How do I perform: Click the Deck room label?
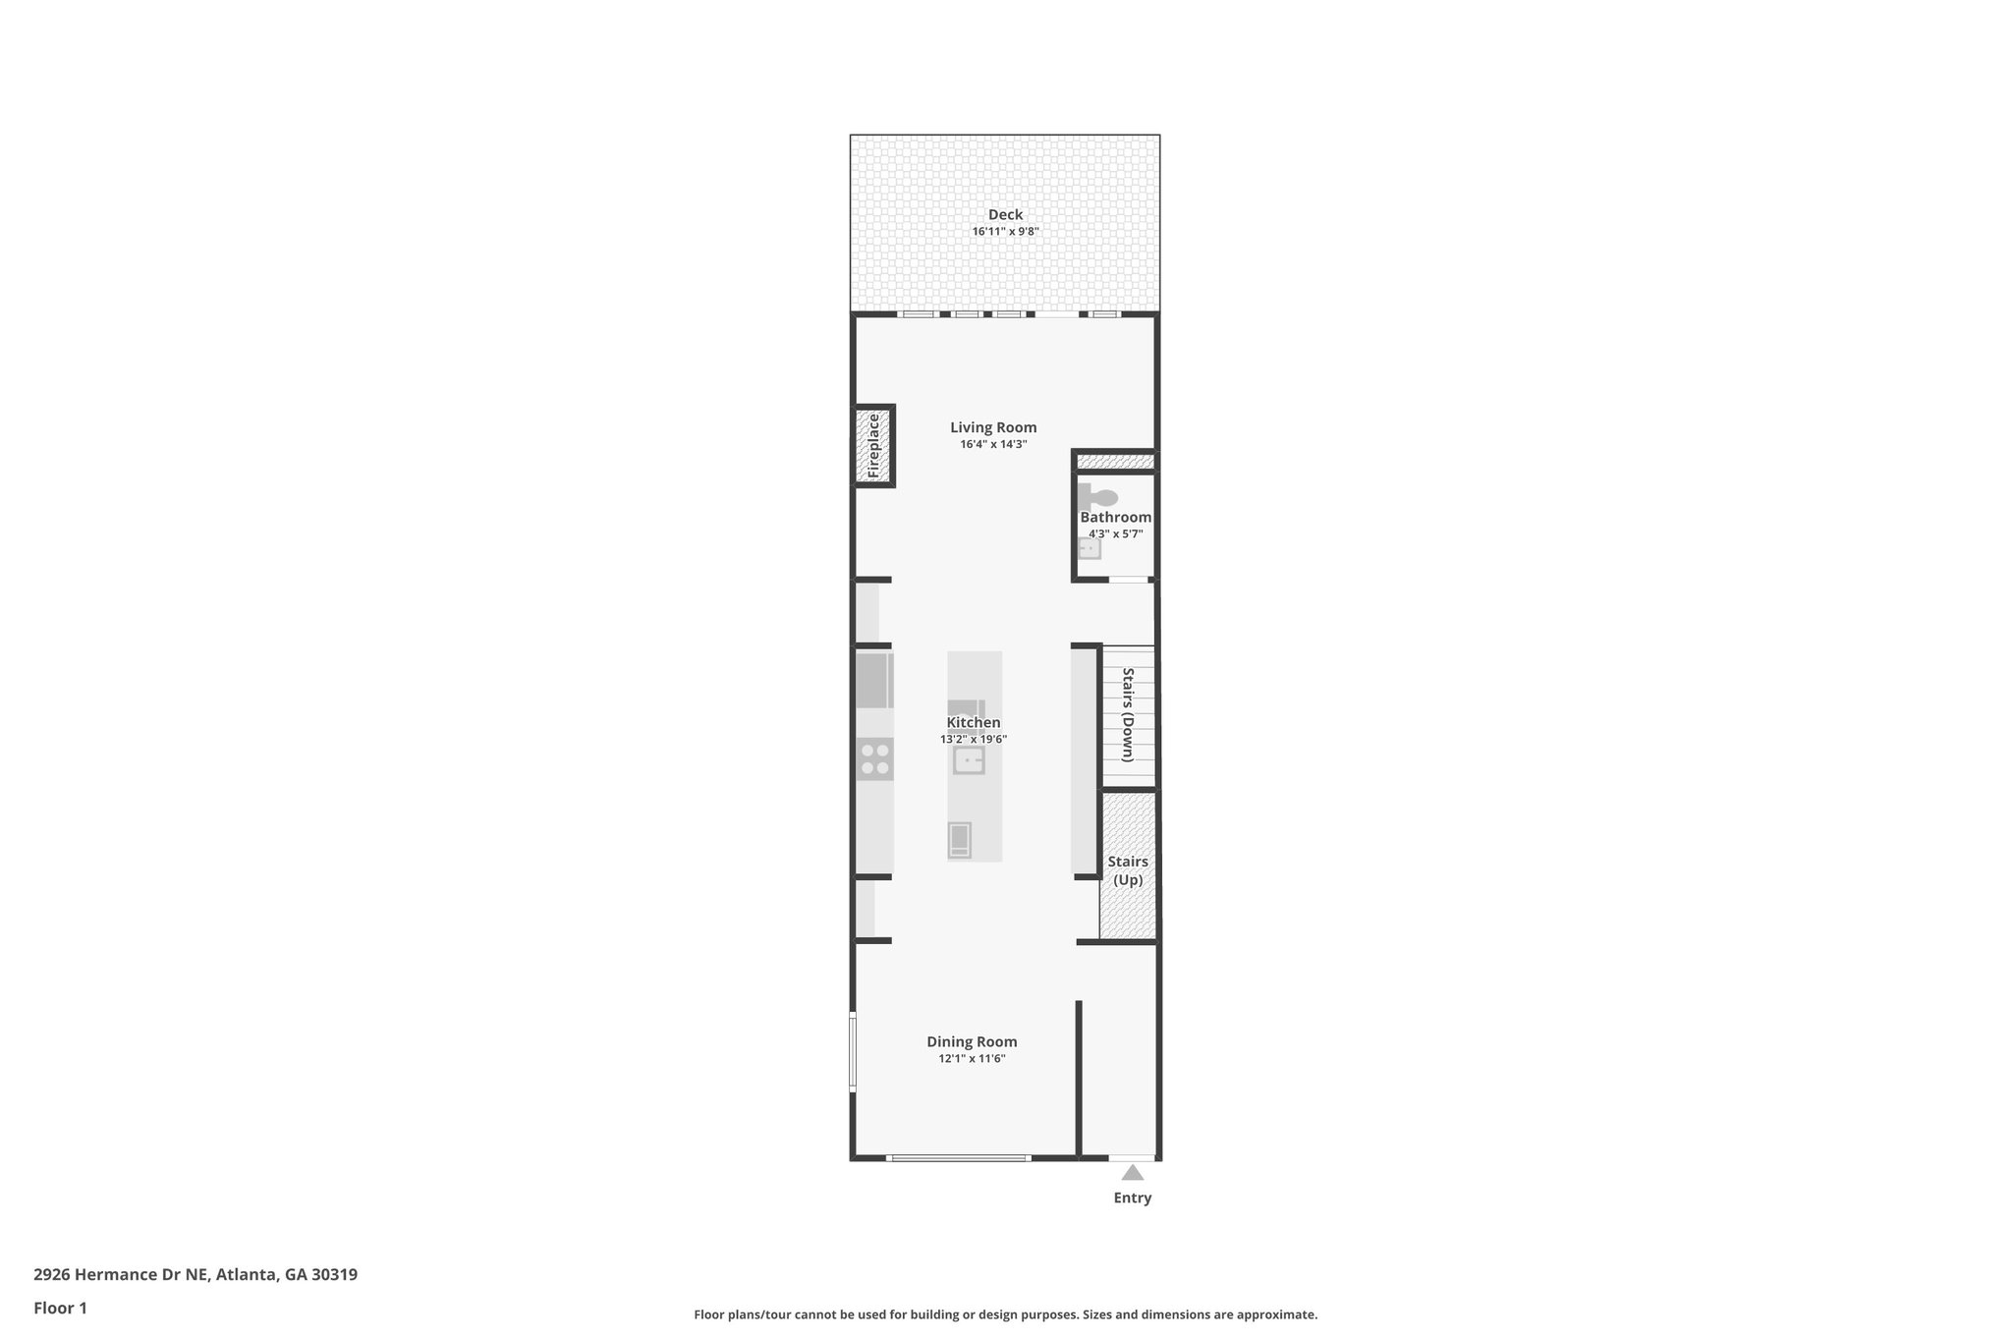click(x=1005, y=215)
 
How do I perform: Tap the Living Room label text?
click(x=993, y=427)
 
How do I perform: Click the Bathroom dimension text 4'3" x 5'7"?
click(x=1115, y=534)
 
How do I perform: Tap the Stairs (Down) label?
click(x=1128, y=714)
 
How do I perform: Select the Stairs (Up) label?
click(x=1128, y=870)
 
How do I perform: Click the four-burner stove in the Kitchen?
click(x=875, y=758)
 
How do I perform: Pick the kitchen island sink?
click(x=969, y=760)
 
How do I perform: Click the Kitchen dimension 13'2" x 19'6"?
click(x=974, y=740)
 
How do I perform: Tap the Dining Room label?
click(x=972, y=1041)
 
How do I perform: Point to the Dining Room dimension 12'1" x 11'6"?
click(x=972, y=1059)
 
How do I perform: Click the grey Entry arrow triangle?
click(x=1133, y=1172)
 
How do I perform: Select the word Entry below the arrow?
click(x=1132, y=1198)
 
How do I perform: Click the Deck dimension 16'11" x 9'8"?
click(x=1005, y=232)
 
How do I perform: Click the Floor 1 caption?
click(x=60, y=1308)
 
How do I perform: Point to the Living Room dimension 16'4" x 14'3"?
click(x=993, y=444)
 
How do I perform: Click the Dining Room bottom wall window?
click(x=958, y=1158)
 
